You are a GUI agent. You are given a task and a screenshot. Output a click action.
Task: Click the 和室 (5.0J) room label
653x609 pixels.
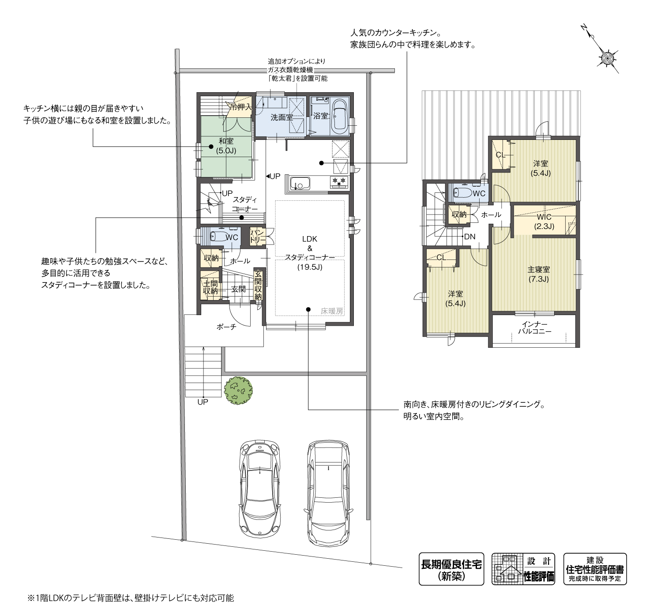pos(226,146)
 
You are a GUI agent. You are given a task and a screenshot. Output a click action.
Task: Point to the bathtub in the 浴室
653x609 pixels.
pos(339,117)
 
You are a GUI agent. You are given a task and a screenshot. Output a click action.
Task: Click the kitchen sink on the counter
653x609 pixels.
pos(300,183)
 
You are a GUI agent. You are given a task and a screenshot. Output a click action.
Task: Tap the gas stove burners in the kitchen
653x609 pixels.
pos(339,181)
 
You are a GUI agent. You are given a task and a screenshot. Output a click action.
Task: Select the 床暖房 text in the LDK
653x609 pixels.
pos(331,311)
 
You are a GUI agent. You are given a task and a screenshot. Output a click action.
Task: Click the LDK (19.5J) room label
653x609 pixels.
pos(309,252)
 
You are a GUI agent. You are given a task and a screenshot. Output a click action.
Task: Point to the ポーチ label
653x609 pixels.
pos(226,327)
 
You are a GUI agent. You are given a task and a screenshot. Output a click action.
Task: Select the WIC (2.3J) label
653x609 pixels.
pos(544,222)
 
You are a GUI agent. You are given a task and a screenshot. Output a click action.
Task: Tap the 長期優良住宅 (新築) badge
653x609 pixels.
pos(451,569)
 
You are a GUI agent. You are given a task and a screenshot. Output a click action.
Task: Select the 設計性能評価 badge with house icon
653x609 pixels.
pos(523,569)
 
